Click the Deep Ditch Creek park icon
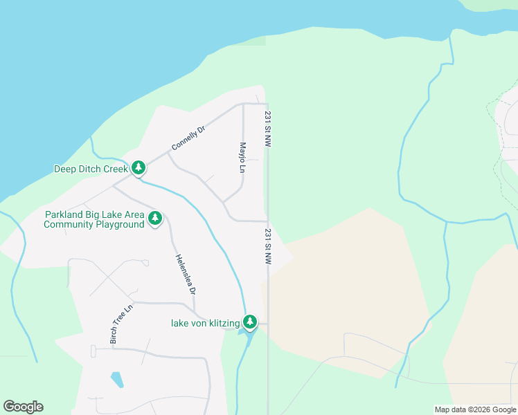click(x=139, y=168)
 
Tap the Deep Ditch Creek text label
click(x=91, y=169)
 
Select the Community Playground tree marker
click(x=155, y=219)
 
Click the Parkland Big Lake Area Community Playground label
click(x=94, y=219)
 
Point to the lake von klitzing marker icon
click(x=250, y=322)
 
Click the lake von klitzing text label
click(x=205, y=323)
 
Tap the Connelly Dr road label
click(x=188, y=138)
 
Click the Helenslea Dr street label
click(x=184, y=273)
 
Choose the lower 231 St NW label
click(x=267, y=247)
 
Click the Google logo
click(x=23, y=407)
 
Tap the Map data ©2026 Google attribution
click(x=475, y=409)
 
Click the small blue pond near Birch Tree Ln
click(x=117, y=380)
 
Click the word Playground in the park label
click(x=118, y=224)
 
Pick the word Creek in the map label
click(x=115, y=169)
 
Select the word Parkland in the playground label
click(x=64, y=214)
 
